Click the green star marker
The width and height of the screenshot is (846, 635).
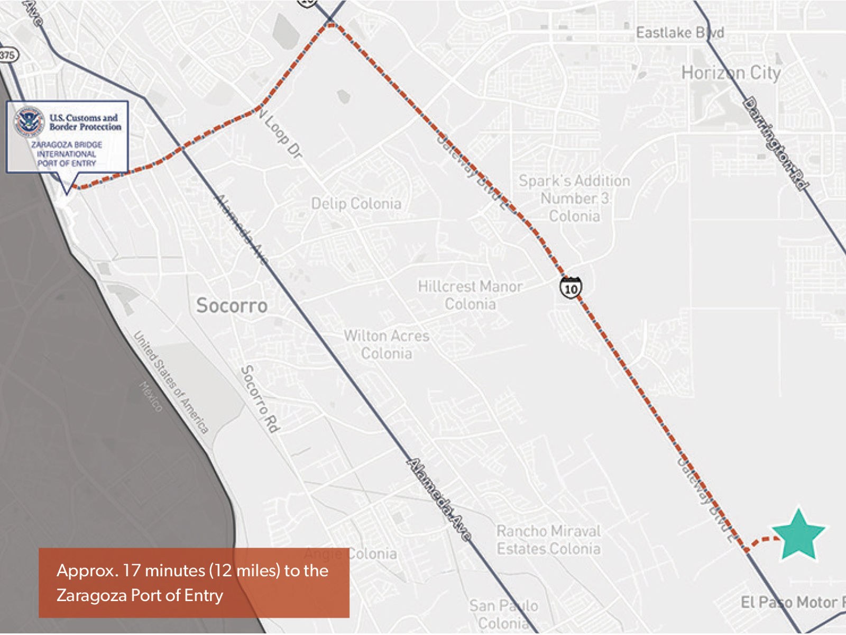point(798,534)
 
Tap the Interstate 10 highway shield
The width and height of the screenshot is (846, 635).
point(571,288)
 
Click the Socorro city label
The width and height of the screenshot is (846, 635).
point(232,305)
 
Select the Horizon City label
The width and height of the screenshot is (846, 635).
point(731,72)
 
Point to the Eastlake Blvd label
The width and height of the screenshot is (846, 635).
point(679,33)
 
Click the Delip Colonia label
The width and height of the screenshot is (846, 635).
point(356,204)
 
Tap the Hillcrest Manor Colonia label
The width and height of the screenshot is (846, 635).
point(470,295)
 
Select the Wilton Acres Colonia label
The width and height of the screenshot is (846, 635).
point(387,344)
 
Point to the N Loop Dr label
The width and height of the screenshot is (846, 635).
point(283,135)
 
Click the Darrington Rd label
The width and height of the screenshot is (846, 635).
point(776,143)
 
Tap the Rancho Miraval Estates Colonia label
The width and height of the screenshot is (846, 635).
point(548,540)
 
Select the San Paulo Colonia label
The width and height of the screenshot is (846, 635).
point(503,614)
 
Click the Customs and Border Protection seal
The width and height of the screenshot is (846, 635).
point(30,121)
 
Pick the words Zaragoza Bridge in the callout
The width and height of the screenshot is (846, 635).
point(67,144)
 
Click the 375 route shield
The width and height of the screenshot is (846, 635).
point(7,55)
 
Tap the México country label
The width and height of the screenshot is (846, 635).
point(151,396)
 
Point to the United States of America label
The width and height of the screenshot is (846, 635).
point(170,382)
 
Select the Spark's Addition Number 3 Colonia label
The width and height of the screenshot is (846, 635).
point(574,198)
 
